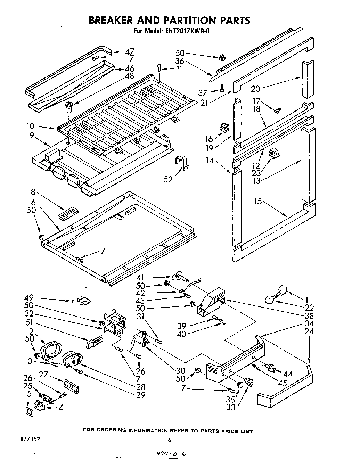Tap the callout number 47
point(129,51)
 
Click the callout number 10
point(30,127)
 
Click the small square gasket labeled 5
point(29,412)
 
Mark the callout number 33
point(230,408)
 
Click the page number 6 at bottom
point(169,440)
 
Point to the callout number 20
point(255,89)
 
